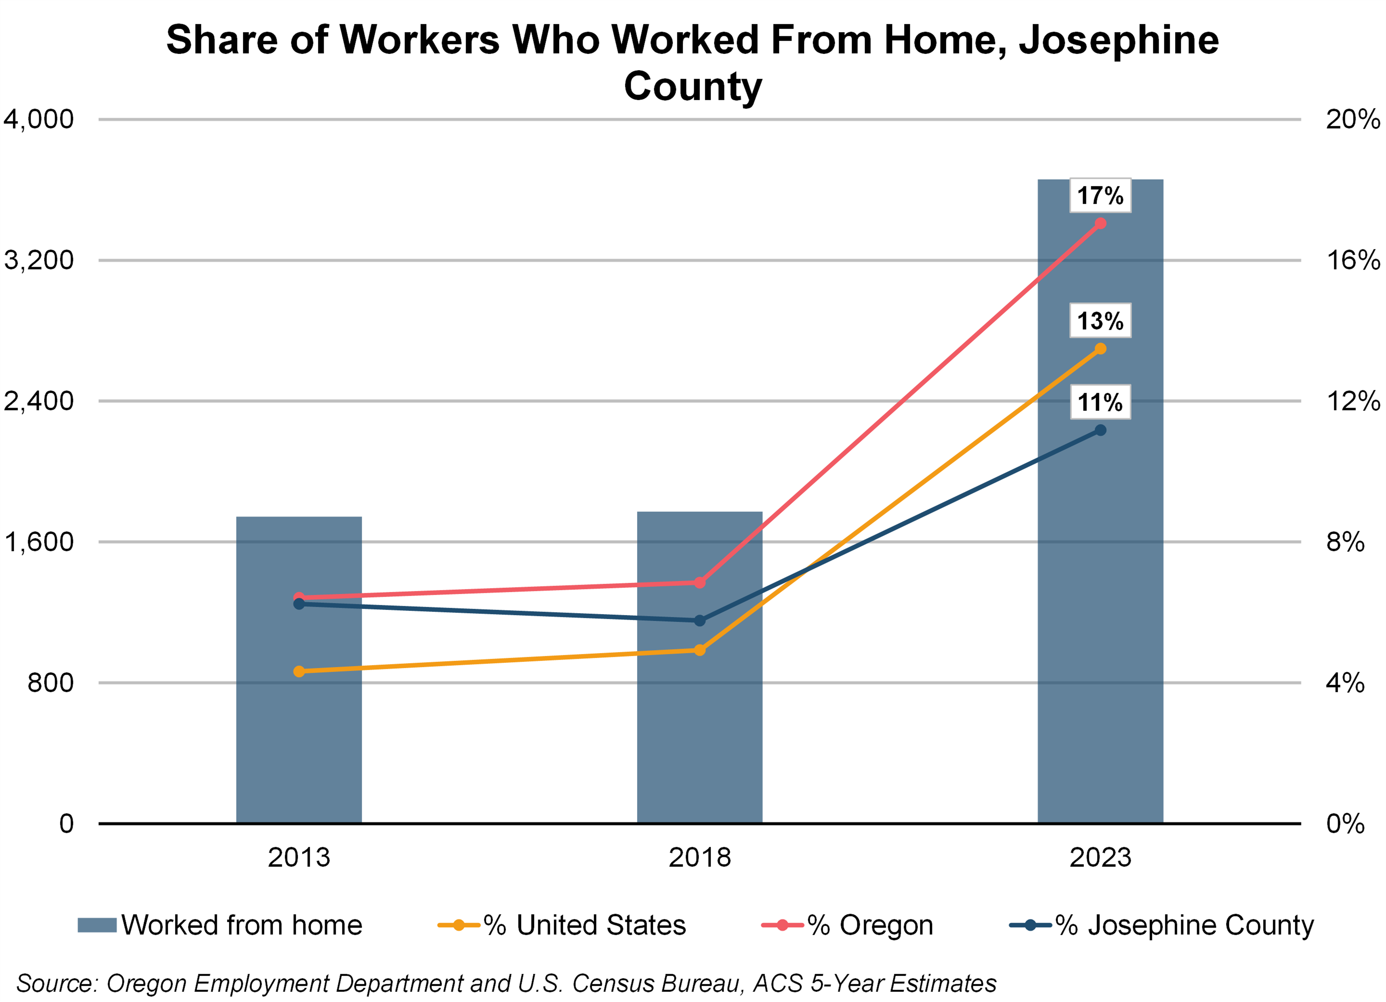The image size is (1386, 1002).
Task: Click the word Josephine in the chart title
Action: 1118,40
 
